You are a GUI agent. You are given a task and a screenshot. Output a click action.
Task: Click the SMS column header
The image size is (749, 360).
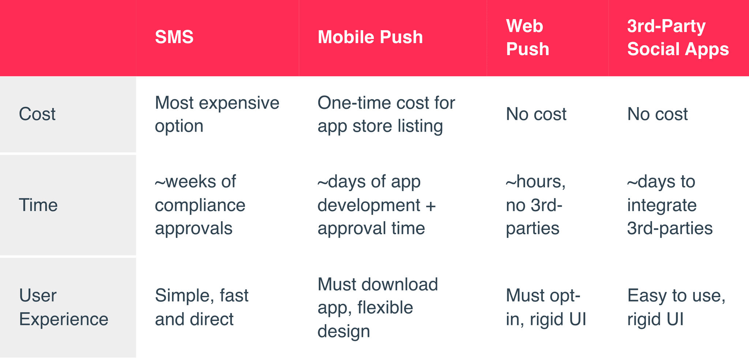click(174, 37)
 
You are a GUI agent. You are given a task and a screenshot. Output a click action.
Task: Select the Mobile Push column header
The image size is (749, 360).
click(370, 37)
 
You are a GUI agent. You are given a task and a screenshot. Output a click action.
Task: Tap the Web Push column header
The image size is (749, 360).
click(527, 38)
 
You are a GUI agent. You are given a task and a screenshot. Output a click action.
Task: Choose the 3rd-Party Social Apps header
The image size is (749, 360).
click(678, 38)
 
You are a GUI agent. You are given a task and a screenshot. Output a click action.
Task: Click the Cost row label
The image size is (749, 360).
click(37, 114)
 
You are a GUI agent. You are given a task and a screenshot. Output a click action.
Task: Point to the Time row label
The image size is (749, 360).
click(38, 205)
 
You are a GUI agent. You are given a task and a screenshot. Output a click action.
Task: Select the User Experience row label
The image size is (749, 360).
click(63, 307)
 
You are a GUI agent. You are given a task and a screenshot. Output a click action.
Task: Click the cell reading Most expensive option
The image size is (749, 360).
click(217, 114)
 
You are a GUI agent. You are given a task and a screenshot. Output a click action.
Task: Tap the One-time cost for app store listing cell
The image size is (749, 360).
click(386, 114)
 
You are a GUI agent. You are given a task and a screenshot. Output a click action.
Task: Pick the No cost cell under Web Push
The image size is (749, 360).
click(536, 114)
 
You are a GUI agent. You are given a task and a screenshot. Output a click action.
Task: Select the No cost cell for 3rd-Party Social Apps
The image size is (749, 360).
click(657, 114)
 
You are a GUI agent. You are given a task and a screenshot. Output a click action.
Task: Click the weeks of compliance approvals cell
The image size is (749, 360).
click(200, 205)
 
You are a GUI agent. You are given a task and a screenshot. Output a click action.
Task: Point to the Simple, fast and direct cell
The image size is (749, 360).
click(202, 307)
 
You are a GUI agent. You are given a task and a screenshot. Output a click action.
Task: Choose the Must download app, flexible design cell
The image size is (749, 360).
click(377, 307)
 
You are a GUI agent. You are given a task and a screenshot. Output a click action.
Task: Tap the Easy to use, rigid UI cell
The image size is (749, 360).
click(676, 307)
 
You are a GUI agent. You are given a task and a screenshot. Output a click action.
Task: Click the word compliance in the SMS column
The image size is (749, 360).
click(200, 205)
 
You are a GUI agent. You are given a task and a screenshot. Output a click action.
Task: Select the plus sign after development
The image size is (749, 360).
click(431, 205)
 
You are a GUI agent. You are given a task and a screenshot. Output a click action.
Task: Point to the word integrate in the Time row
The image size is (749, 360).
click(662, 205)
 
